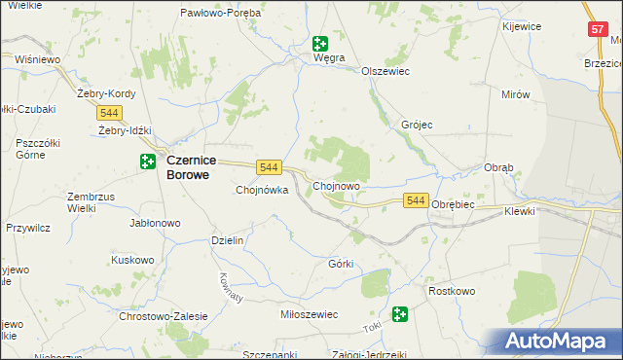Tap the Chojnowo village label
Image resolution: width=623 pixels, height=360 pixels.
click(337, 185)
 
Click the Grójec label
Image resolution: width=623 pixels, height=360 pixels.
click(417, 126)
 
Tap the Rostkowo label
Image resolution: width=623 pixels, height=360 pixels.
click(451, 291)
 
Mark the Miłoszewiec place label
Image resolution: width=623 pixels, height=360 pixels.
click(308, 314)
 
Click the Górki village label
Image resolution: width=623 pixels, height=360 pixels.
click(341, 264)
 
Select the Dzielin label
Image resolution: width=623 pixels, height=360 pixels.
click(227, 239)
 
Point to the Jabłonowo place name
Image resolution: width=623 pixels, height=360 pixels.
click(156, 223)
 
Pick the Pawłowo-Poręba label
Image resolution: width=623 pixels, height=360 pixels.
click(220, 13)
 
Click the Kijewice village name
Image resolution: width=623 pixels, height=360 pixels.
click(522, 26)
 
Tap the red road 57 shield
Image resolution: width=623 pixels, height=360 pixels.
click(598, 30)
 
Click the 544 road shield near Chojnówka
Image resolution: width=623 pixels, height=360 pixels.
click(270, 167)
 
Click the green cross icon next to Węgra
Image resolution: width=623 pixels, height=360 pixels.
click(319, 43)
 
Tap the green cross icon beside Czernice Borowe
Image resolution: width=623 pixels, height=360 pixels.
click(148, 162)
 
